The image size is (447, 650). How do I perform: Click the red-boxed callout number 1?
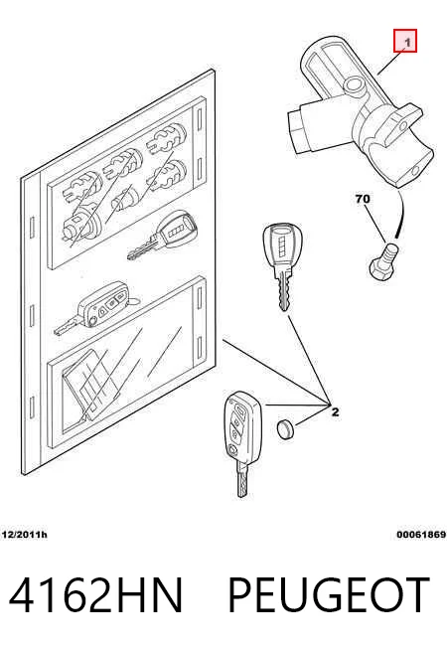pyautogui.click(x=404, y=41)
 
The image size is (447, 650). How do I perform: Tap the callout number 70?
pyautogui.click(x=363, y=199)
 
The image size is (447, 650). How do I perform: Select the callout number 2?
pyautogui.click(x=335, y=412)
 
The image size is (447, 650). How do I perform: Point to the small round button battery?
pyautogui.click(x=285, y=429)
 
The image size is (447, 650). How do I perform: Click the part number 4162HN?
pyautogui.click(x=95, y=595)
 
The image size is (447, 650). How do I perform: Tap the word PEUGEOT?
pyautogui.click(x=328, y=595)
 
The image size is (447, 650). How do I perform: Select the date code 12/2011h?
pyautogui.click(x=25, y=535)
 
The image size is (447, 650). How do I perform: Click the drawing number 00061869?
pyautogui.click(x=421, y=535)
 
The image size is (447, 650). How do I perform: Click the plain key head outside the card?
pyautogui.click(x=282, y=246)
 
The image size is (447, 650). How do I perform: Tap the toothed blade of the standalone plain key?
pyautogui.click(x=284, y=290)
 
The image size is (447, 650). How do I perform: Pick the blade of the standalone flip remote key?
pyautogui.click(x=242, y=480)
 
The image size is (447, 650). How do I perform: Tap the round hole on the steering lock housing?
pyautogui.click(x=355, y=86)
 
